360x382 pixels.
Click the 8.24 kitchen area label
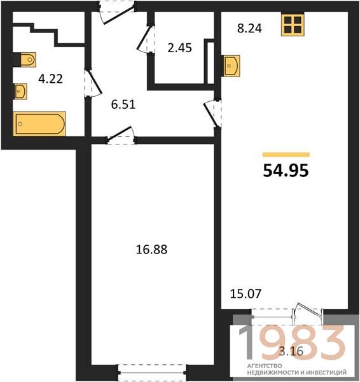pyautogui.click(x=249, y=28)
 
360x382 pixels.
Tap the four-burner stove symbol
pyautogui.click(x=293, y=25)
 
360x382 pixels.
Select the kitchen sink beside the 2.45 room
pyautogui.click(x=232, y=66)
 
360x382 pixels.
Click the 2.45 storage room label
pyautogui.click(x=179, y=48)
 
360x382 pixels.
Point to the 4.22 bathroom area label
pyautogui.click(x=51, y=79)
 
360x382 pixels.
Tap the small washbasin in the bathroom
pyautogui.click(x=21, y=91)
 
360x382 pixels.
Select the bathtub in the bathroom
pyautogui.click(x=39, y=124)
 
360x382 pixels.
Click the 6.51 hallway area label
pyautogui.click(x=123, y=104)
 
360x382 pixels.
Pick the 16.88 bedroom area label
pyautogui.click(x=151, y=250)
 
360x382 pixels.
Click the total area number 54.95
pyautogui.click(x=286, y=170)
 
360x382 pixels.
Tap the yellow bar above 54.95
pyautogui.click(x=286, y=155)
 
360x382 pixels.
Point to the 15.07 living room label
pyautogui.click(x=246, y=294)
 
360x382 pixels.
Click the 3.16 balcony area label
pyautogui.click(x=291, y=351)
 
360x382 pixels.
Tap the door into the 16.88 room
pyautogui.click(x=121, y=135)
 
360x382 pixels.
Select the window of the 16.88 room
pyautogui.click(x=151, y=372)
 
